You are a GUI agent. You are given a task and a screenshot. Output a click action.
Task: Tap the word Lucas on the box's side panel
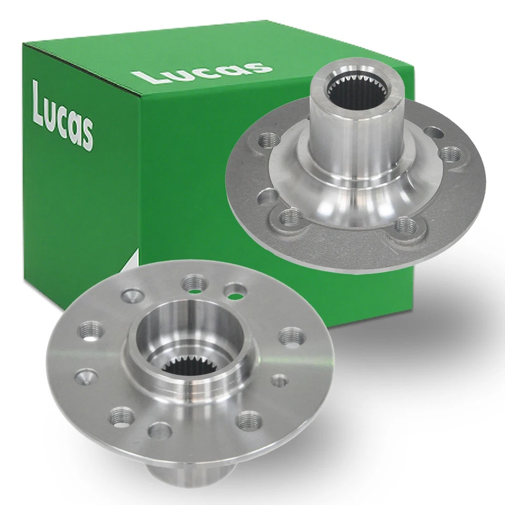coord(63,115)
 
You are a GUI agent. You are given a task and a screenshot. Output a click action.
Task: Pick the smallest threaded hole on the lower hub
coord(280,380)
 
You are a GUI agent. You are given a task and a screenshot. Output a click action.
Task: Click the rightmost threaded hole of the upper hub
coord(452,154)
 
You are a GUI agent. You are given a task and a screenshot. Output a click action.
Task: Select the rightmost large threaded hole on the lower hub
coord(291,337)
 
